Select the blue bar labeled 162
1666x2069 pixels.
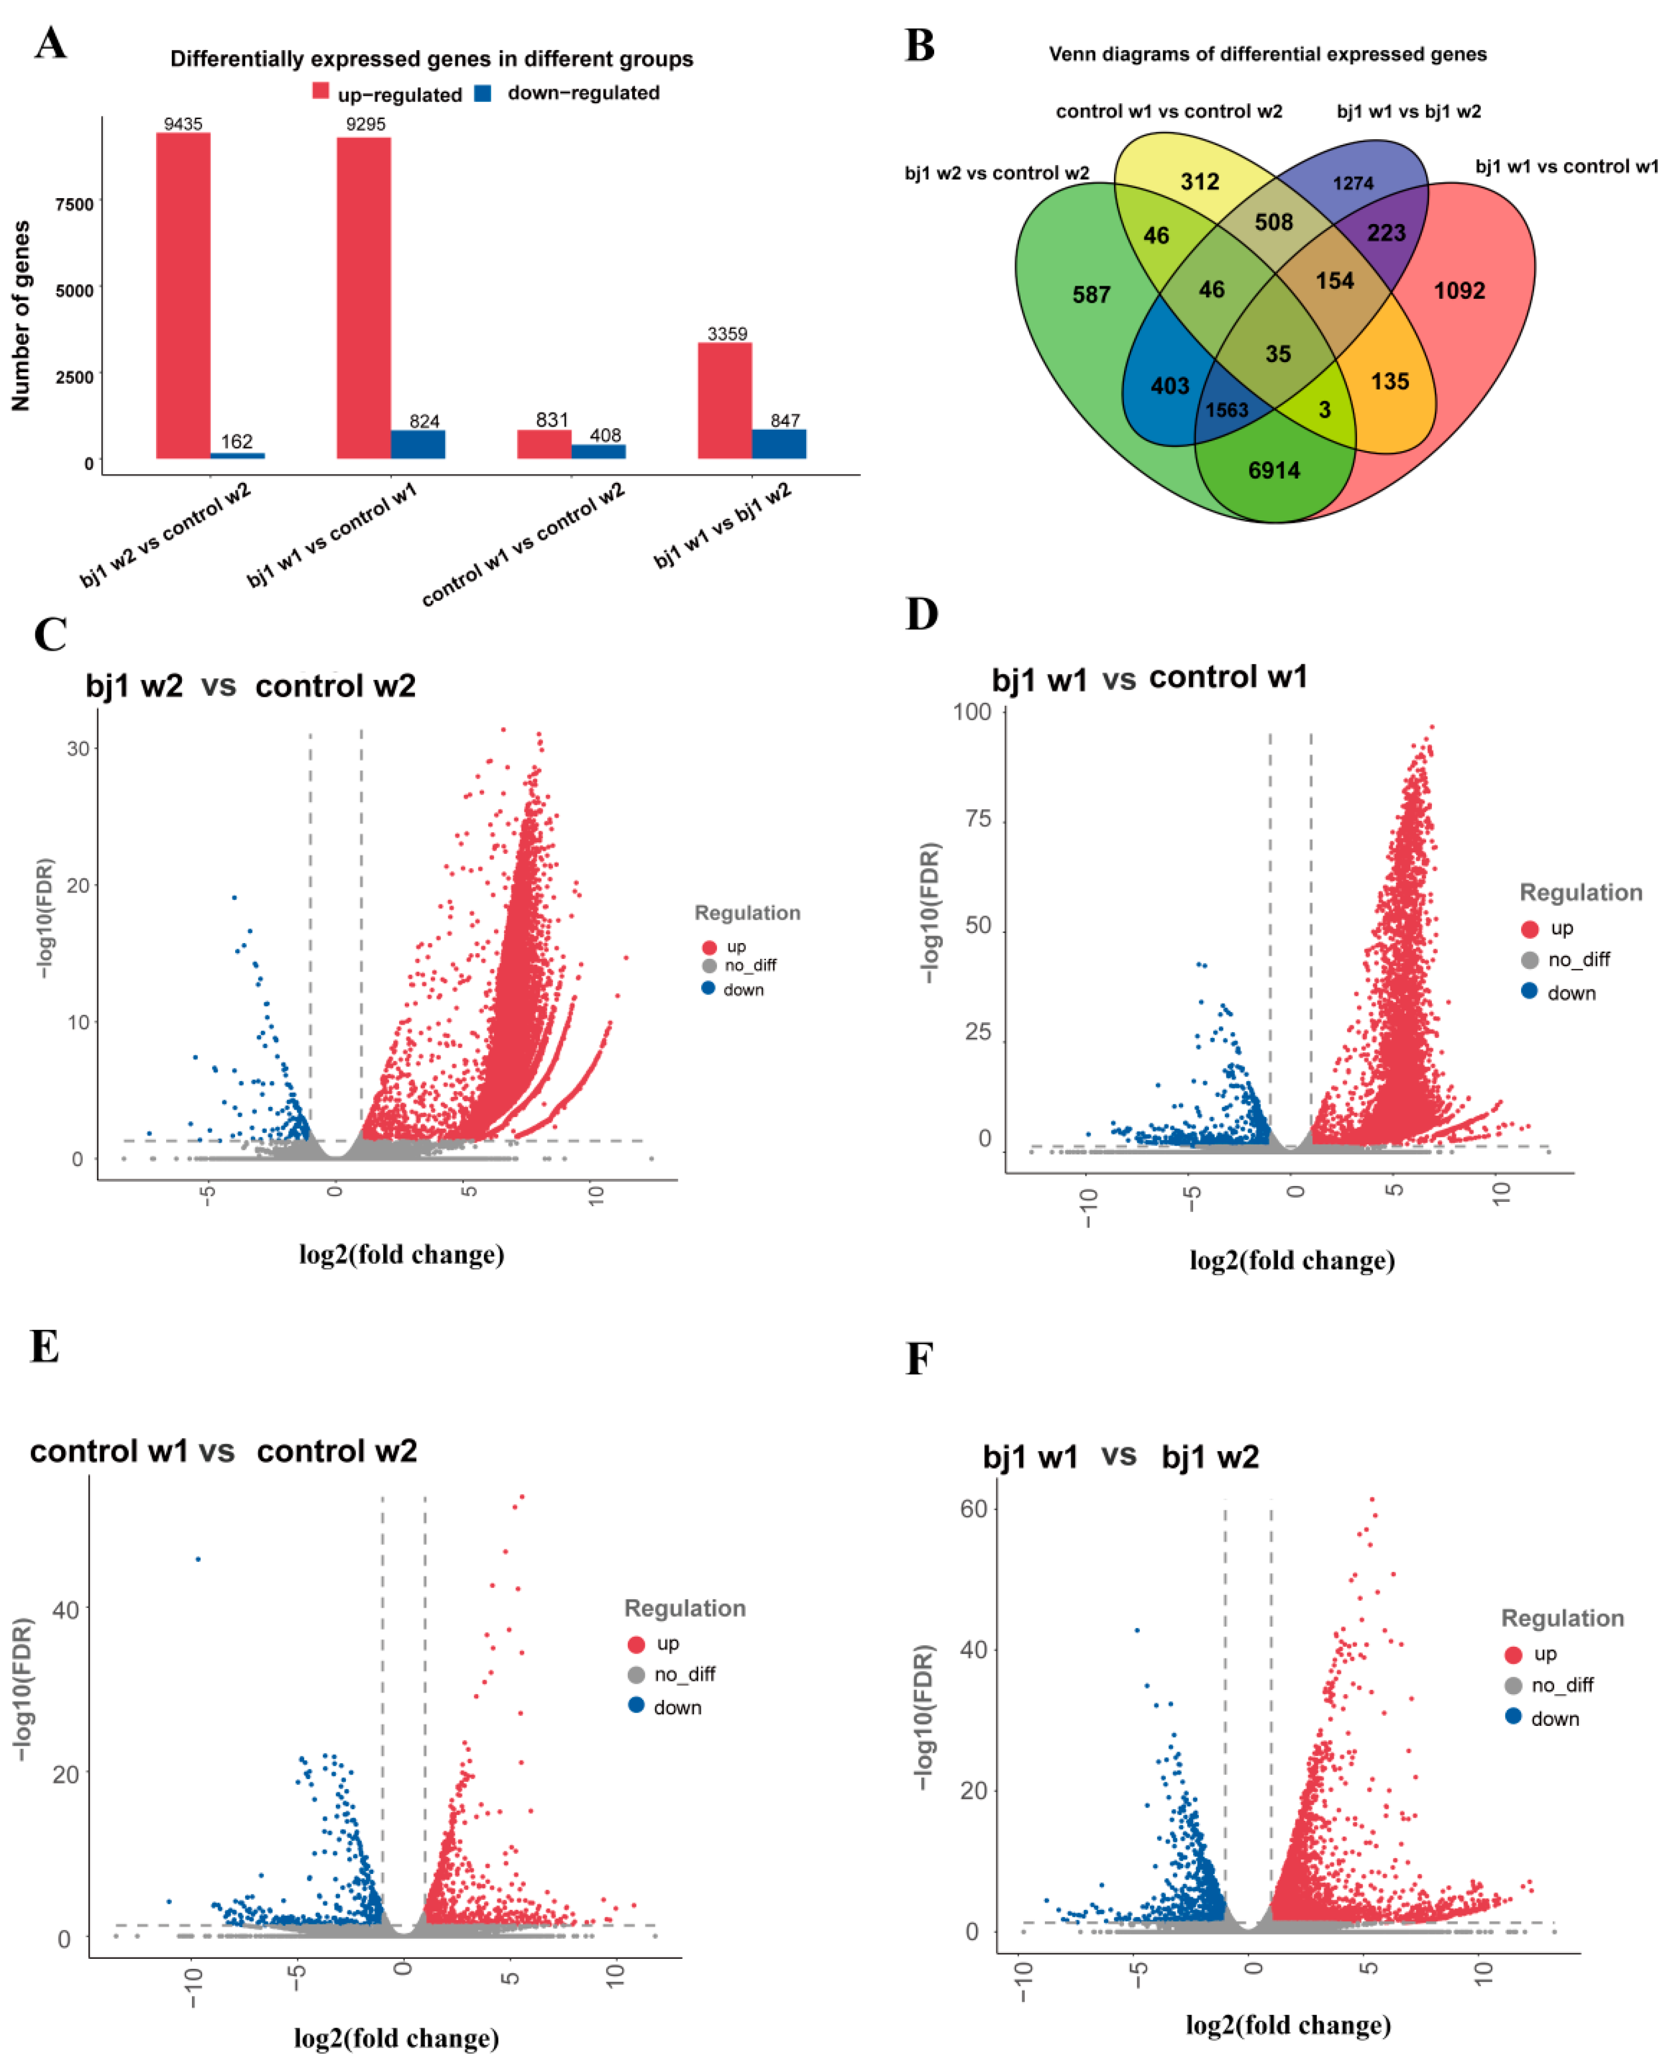tap(237, 455)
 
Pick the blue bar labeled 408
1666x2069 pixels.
tap(598, 451)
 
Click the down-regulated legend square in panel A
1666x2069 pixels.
tap(483, 93)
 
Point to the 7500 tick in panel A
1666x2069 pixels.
tap(75, 203)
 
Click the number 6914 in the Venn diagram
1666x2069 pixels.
tap(1274, 470)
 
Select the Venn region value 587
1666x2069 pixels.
tap(1091, 295)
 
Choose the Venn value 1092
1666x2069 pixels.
tap(1459, 291)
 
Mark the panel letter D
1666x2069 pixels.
tap(921, 614)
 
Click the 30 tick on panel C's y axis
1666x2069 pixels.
tap(78, 749)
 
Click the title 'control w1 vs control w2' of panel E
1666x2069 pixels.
tap(224, 1451)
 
